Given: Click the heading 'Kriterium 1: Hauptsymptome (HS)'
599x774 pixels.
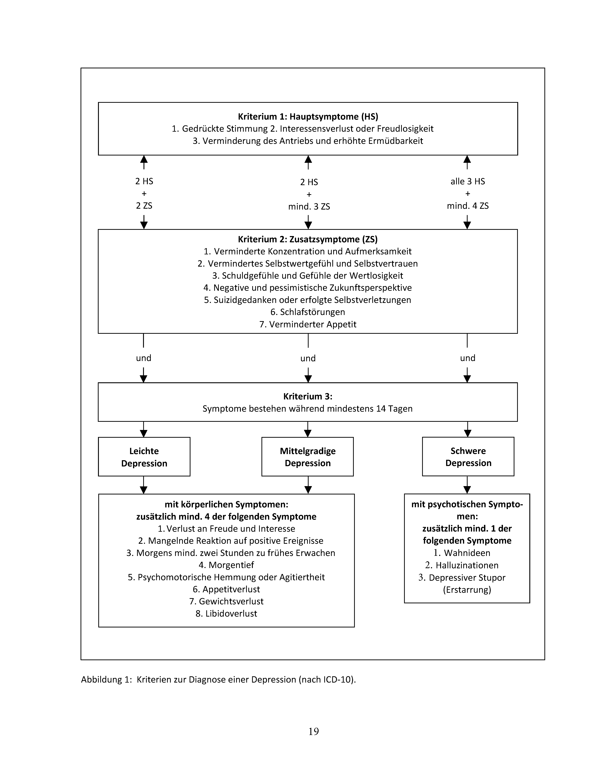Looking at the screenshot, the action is coord(308,117).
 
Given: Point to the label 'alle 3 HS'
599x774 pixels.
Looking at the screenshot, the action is coord(468,181).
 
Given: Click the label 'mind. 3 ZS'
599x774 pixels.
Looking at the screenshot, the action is coord(309,207).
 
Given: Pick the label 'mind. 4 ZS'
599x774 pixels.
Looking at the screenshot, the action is coord(468,206).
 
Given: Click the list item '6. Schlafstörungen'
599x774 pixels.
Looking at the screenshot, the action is coord(308,312).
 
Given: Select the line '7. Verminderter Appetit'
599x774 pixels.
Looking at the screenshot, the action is coord(308,324).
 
